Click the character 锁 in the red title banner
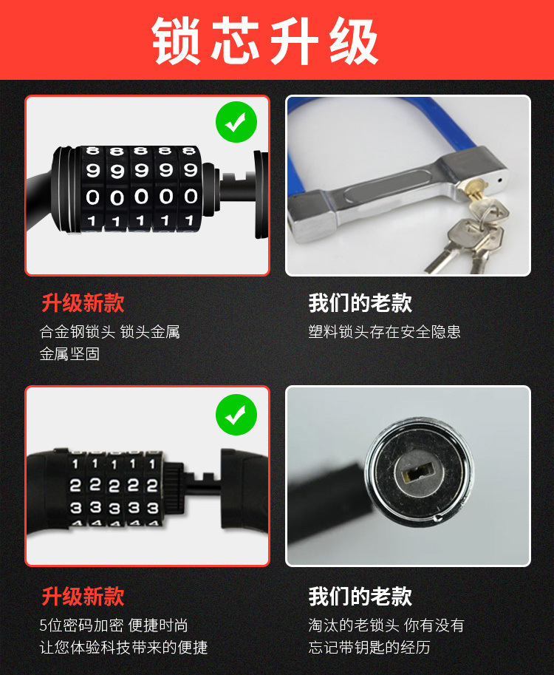point(179,41)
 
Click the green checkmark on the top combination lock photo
point(236,123)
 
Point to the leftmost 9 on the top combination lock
point(93,171)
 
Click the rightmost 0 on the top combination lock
point(191,196)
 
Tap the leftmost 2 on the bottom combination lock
point(75,486)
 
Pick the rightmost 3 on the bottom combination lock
point(152,508)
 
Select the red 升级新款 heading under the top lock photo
point(83,303)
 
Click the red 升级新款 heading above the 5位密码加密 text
point(83,596)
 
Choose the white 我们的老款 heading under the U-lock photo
point(360,303)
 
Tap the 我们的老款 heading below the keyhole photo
point(360,596)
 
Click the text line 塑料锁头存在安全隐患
point(384,332)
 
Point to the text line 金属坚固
point(69,354)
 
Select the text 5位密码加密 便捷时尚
point(114,625)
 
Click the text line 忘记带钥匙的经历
point(369,648)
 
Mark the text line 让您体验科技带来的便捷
point(123,648)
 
